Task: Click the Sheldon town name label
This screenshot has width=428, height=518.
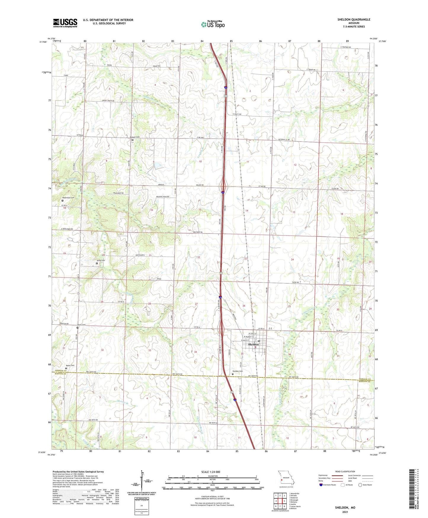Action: point(253,344)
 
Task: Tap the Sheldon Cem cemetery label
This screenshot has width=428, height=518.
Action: point(238,371)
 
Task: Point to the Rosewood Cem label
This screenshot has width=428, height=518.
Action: point(68,198)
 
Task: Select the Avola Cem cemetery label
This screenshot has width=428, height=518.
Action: point(101,260)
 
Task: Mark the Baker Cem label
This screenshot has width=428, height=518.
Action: point(70,366)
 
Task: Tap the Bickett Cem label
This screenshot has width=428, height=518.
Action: point(135,137)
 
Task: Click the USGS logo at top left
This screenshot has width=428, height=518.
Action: point(65,23)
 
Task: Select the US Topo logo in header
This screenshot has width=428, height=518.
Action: point(212,24)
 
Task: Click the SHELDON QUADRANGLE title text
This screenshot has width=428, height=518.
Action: point(354,20)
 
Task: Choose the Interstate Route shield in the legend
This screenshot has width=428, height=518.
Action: point(321,485)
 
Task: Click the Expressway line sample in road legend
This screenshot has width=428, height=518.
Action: point(339,475)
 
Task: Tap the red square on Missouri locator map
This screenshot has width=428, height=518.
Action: point(282,479)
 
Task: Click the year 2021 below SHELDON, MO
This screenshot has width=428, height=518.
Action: point(345,512)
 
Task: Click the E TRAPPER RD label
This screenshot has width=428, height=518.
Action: point(346,47)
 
